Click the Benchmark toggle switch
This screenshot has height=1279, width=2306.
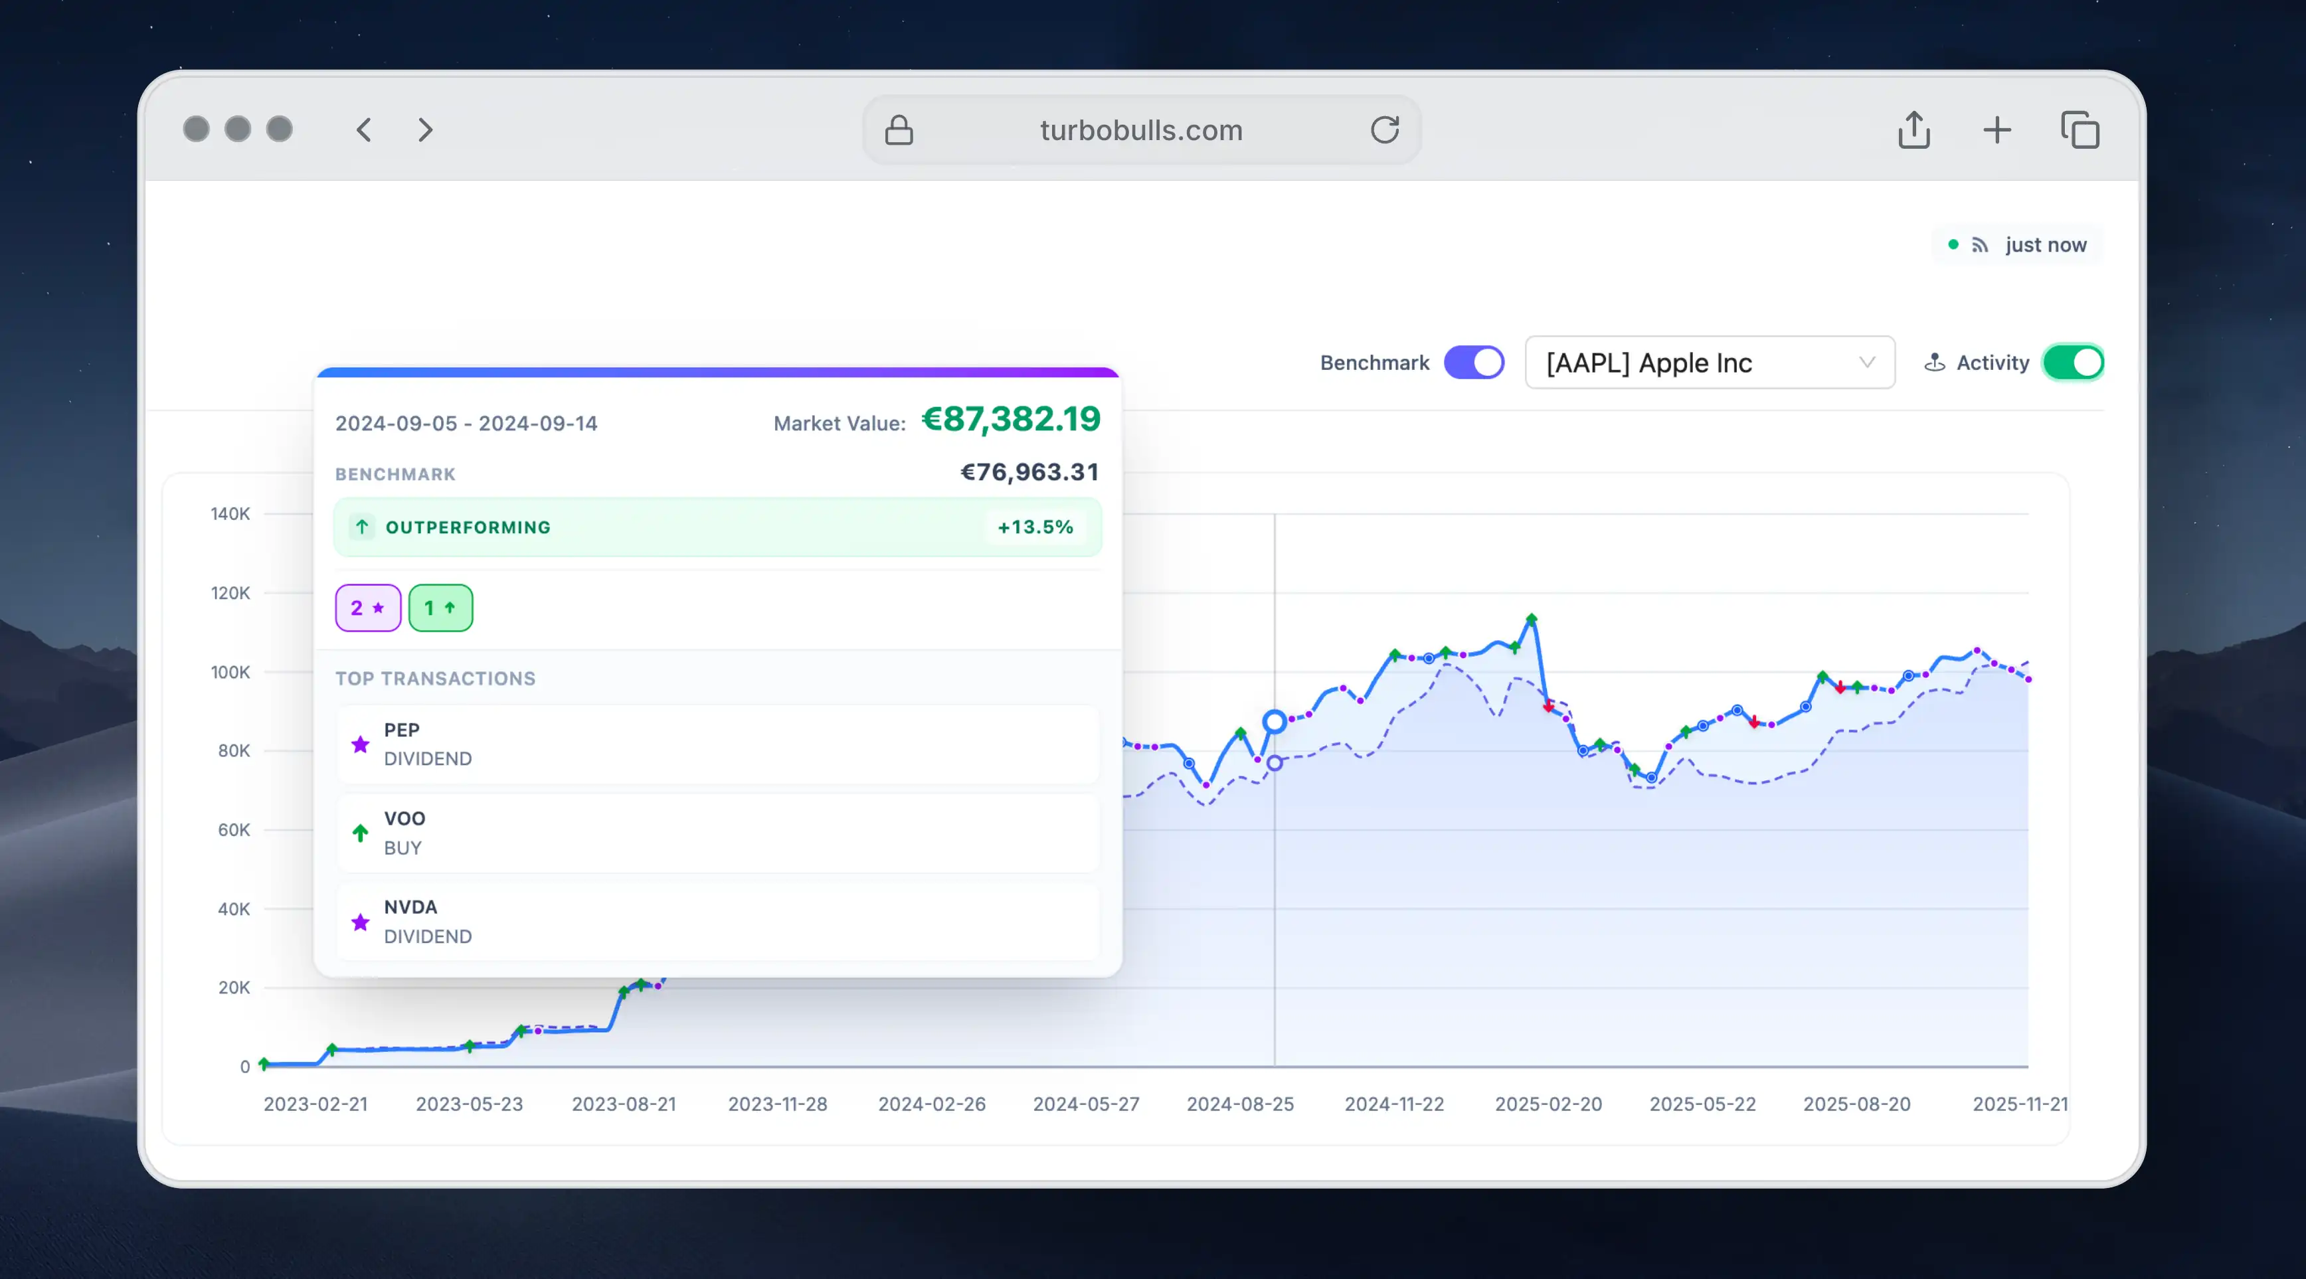1474,363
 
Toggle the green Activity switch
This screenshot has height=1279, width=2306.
2072,363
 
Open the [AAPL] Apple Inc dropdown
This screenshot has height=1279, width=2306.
1709,363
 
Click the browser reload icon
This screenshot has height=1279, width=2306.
1384,129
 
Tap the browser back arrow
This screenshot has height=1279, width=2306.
363,129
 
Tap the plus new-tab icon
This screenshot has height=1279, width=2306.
1996,129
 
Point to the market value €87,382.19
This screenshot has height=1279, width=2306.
1011,419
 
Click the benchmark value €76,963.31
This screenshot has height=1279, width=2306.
1029,471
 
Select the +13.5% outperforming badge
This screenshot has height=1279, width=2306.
1035,527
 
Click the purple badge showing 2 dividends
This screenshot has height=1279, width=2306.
368,608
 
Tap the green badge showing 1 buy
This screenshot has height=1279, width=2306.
440,608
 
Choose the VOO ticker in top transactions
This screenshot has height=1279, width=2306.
404,818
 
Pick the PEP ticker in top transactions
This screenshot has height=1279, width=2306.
402,729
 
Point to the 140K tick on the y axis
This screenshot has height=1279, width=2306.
230,514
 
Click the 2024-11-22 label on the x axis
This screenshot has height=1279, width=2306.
1394,1104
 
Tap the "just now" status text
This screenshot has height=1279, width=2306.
2046,244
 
